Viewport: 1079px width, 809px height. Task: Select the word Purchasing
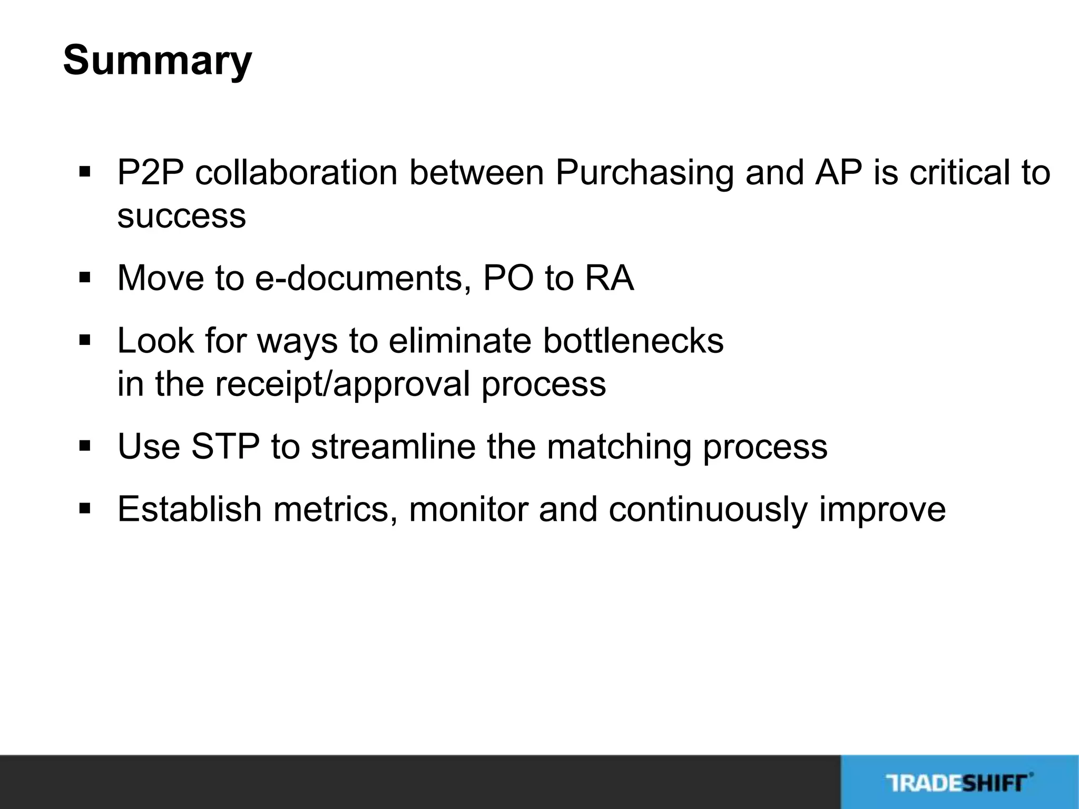[644, 174]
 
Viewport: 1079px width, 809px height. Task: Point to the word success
[181, 216]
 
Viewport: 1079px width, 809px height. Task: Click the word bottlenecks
[633, 341]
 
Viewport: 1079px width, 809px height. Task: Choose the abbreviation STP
[225, 447]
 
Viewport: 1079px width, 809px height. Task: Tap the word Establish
[189, 509]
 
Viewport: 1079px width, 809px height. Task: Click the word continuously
[708, 510]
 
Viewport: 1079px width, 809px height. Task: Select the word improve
[882, 510]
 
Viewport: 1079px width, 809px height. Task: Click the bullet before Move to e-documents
[84, 277]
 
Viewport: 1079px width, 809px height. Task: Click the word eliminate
[460, 341]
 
